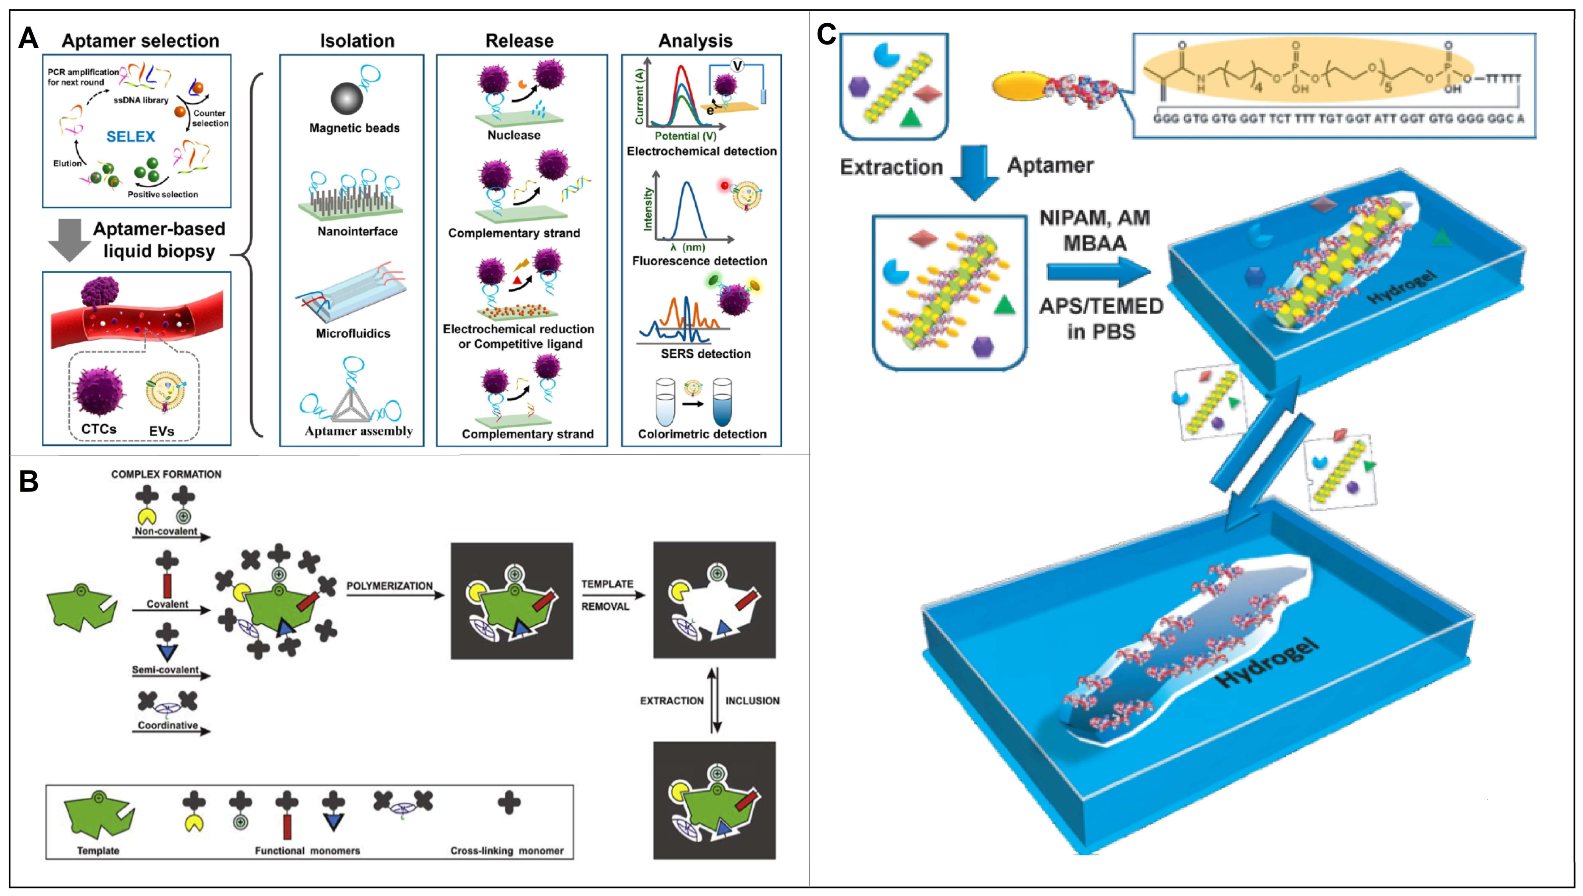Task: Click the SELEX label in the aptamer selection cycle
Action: (x=130, y=136)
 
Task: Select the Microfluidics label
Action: (x=353, y=334)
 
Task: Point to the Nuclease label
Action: (x=514, y=135)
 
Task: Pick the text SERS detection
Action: (x=706, y=354)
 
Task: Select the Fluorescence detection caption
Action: (x=699, y=261)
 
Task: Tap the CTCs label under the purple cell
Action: (x=99, y=429)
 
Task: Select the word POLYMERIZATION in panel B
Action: (x=389, y=586)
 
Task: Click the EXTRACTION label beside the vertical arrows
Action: (x=672, y=701)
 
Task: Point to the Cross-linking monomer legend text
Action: (x=507, y=851)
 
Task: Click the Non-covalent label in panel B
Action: (x=166, y=531)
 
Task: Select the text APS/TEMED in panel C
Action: (x=1101, y=306)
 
